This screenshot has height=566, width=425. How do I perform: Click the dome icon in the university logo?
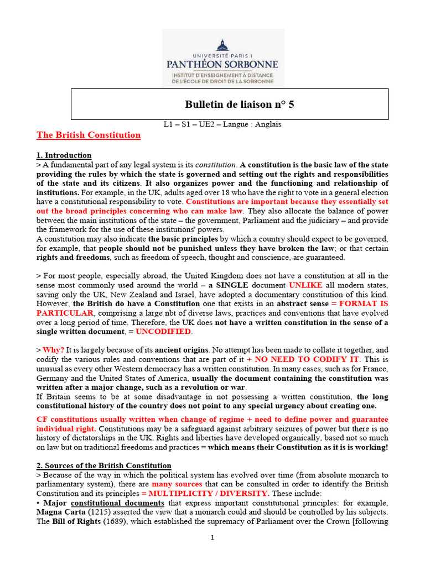tap(224, 44)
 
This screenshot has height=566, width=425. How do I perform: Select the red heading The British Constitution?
tap(89, 135)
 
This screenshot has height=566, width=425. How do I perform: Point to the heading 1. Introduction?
tap(64, 155)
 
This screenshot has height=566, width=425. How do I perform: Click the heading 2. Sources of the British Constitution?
tap(104, 466)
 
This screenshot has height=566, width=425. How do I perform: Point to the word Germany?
tap(54, 378)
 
